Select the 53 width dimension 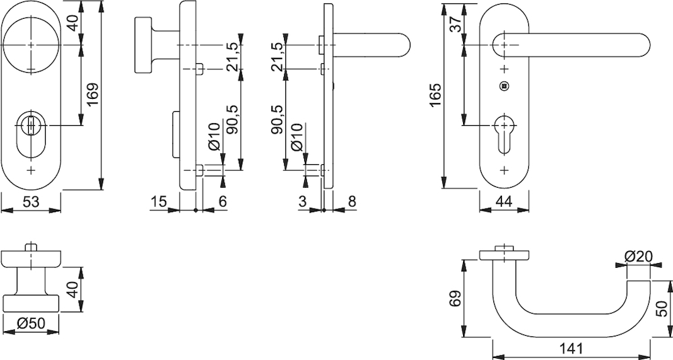[x=31, y=201]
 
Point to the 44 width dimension [x=503, y=201]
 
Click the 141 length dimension [x=571, y=349]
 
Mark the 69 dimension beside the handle [x=456, y=298]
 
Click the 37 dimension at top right [x=455, y=24]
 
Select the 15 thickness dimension [x=158, y=201]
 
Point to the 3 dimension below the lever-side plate [x=302, y=201]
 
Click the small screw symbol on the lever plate [x=504, y=85]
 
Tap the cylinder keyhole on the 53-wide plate [x=31, y=128]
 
